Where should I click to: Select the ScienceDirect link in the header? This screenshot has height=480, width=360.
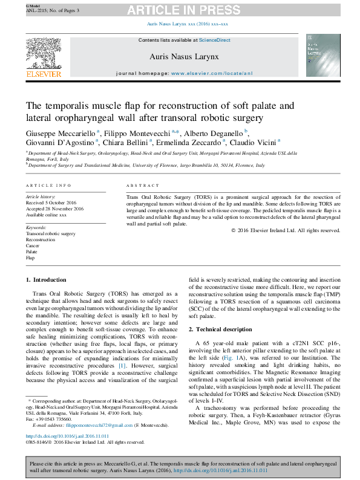[215, 40]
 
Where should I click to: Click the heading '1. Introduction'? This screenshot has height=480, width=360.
[47, 279]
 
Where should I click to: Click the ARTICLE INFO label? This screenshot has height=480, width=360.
[48, 185]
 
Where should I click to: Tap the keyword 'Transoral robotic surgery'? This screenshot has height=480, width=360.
[50, 233]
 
